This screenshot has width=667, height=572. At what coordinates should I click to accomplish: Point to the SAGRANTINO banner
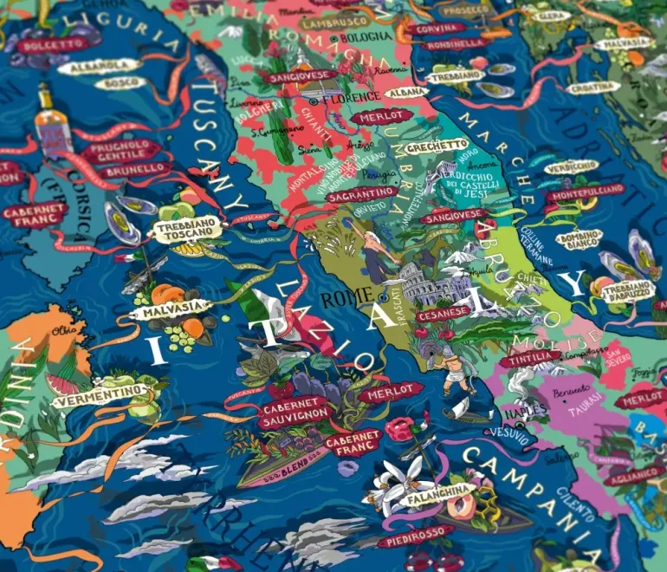point(361,195)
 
